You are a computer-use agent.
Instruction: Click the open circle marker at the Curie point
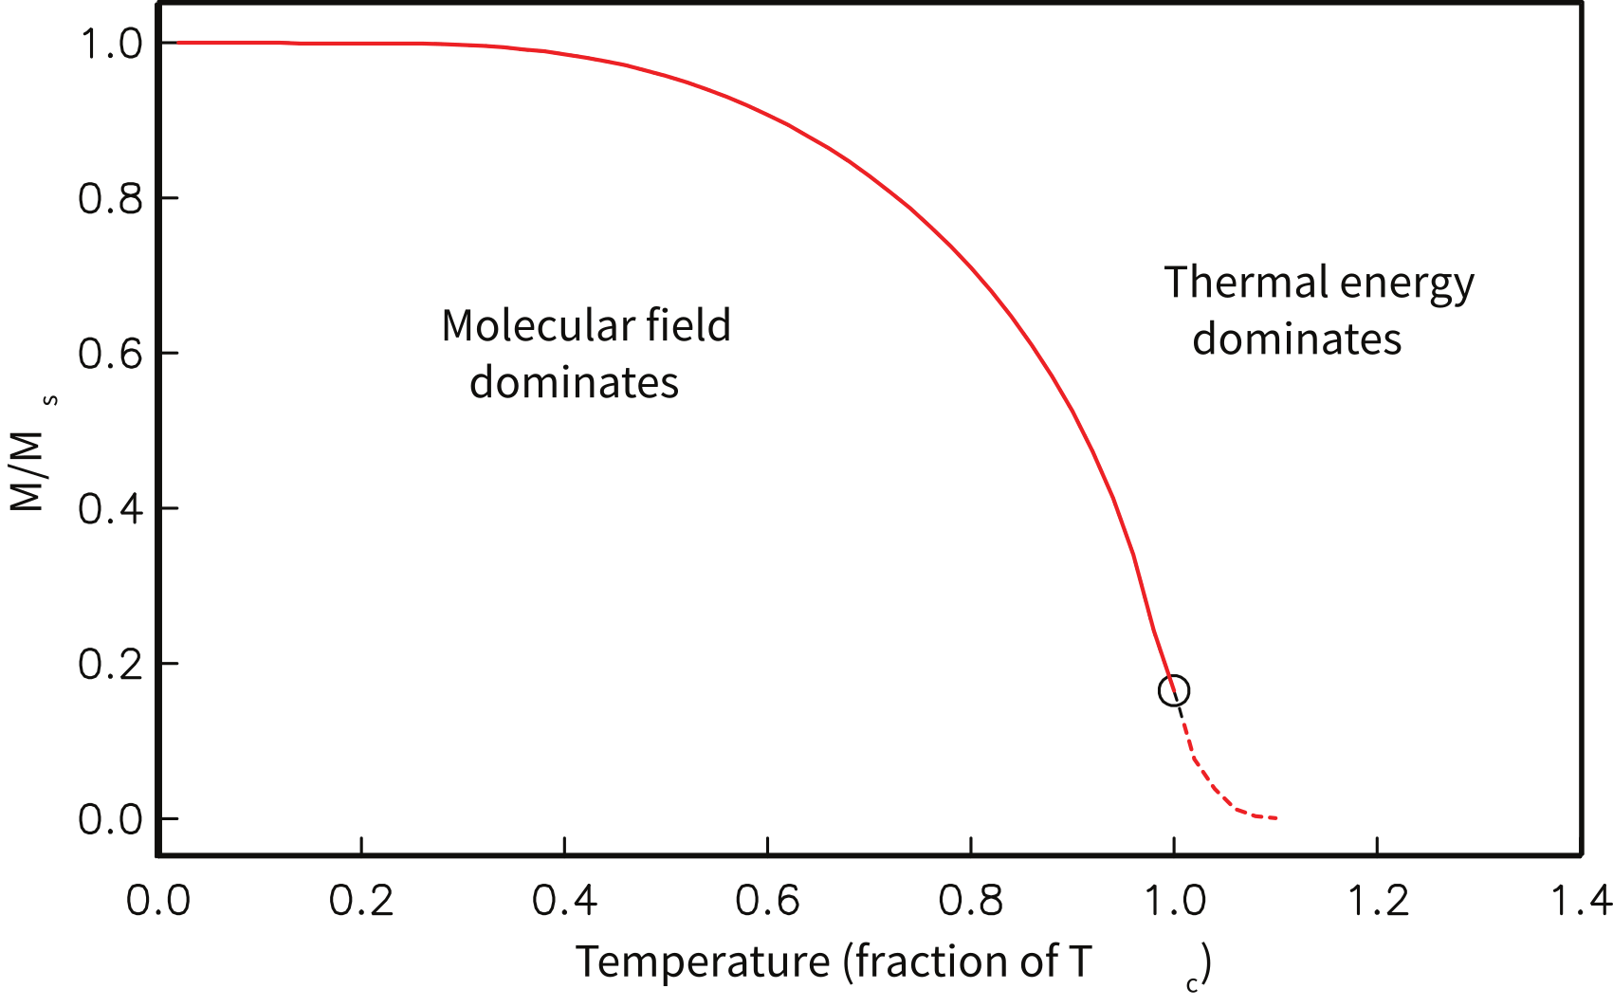click(1174, 690)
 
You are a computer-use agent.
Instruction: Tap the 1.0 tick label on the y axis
click(110, 44)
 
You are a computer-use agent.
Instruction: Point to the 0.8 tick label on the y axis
click(110, 198)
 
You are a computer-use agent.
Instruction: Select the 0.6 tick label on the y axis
click(110, 354)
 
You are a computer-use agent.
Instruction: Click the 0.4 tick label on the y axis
click(110, 509)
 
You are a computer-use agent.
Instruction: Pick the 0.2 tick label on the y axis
click(110, 664)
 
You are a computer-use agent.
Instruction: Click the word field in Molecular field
click(688, 326)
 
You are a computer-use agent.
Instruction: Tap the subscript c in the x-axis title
click(1191, 984)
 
